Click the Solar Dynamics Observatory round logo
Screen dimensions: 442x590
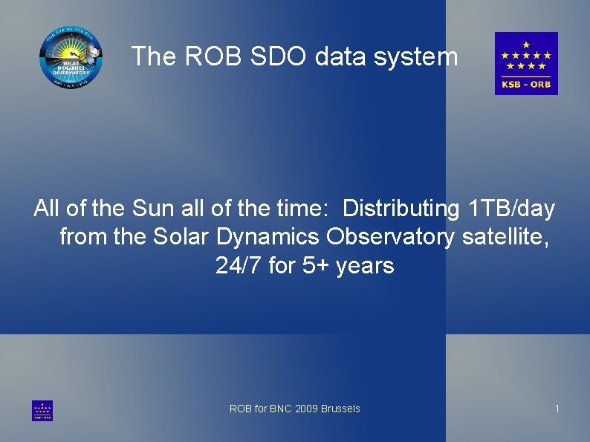tap(71, 56)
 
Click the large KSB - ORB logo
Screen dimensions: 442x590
tap(526, 63)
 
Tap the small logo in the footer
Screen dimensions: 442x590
tap(42, 411)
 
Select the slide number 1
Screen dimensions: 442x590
tap(557, 409)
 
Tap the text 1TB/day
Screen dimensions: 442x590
tap(513, 209)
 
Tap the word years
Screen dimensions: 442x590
tap(365, 265)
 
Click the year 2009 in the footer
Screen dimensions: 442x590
tap(307, 409)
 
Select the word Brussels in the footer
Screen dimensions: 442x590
tap(340, 409)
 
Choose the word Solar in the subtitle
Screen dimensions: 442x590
tap(181, 237)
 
